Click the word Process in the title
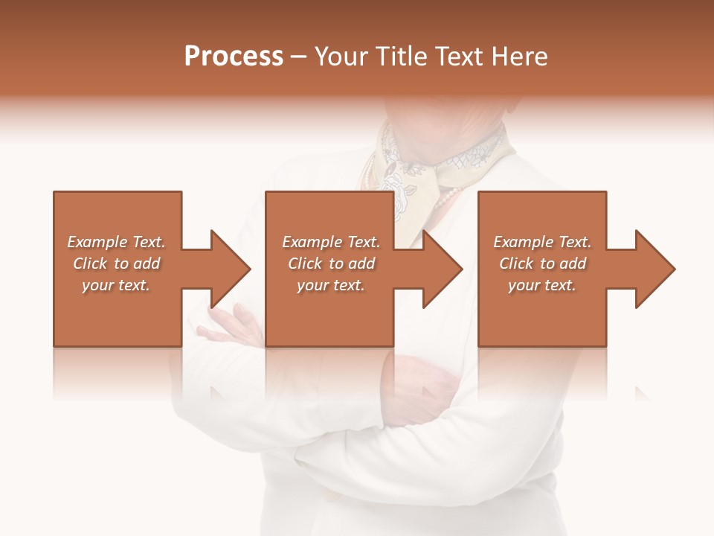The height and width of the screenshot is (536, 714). pyautogui.click(x=234, y=57)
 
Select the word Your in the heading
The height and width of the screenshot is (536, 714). pyautogui.click(x=342, y=57)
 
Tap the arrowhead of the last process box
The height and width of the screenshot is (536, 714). pyautogui.click(x=655, y=269)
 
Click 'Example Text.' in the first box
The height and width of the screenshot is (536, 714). pyautogui.click(x=116, y=242)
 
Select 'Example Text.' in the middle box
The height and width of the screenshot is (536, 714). pyautogui.click(x=331, y=242)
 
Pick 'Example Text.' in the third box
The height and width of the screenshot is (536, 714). pyautogui.click(x=542, y=242)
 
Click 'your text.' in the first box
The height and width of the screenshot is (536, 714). pyautogui.click(x=116, y=285)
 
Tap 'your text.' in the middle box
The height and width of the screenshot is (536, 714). pyautogui.click(x=331, y=285)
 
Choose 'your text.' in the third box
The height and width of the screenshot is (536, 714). pyautogui.click(x=542, y=285)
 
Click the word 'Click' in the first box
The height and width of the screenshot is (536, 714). pyautogui.click(x=90, y=264)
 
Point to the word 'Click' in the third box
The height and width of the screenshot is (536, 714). pyautogui.click(x=516, y=264)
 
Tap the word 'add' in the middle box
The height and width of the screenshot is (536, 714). pyautogui.click(x=361, y=264)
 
